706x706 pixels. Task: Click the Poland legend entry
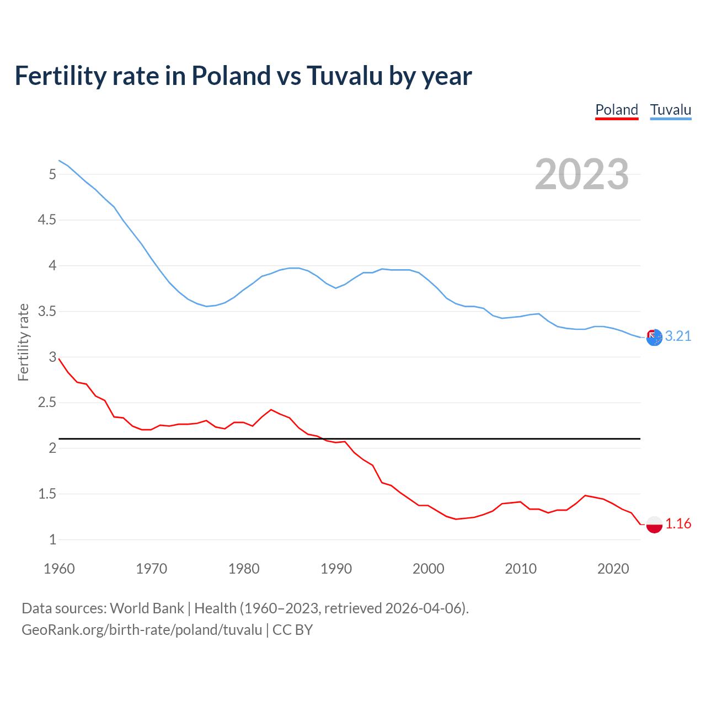(617, 110)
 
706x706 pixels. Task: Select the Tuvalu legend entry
(670, 110)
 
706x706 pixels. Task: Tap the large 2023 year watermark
(582, 174)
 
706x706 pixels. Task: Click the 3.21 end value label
(678, 336)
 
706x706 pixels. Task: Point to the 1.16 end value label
(678, 523)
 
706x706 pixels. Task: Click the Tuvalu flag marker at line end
(654, 338)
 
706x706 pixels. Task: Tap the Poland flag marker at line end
(654, 524)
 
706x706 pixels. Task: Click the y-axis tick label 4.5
(47, 220)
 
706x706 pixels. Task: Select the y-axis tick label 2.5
(47, 403)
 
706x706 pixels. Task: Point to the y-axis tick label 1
(53, 539)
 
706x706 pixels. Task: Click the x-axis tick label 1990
(336, 569)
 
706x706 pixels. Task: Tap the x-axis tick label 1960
(59, 569)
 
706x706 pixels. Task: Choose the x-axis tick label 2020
(613, 569)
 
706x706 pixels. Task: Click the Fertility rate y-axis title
(23, 342)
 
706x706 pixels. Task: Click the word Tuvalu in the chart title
(344, 76)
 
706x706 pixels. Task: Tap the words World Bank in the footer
(147, 608)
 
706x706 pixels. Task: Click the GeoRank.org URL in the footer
(142, 630)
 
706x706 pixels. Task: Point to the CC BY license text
(292, 630)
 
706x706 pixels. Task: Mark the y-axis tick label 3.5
(47, 312)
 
